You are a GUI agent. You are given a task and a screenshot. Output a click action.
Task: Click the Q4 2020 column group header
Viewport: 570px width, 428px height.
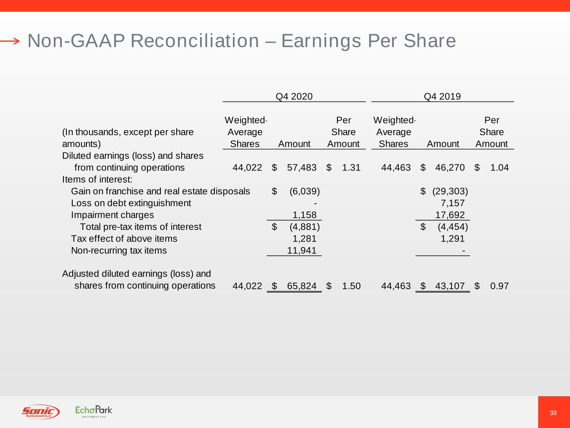pos(294,97)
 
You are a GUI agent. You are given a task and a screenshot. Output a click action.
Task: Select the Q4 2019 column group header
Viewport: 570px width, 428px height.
pos(442,97)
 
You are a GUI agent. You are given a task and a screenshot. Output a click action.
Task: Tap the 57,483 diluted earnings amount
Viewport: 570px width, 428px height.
pos(302,168)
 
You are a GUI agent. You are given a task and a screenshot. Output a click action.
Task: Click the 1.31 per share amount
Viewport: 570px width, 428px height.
pos(351,168)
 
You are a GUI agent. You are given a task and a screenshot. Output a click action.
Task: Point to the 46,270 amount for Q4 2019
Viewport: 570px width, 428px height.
pos(450,168)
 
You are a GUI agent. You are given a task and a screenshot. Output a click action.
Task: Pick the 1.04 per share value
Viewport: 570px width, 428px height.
pos(499,168)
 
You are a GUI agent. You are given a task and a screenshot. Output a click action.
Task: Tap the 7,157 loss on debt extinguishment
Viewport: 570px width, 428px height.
pos(453,203)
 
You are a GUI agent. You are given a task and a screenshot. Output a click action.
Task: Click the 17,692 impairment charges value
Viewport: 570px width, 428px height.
pos(450,215)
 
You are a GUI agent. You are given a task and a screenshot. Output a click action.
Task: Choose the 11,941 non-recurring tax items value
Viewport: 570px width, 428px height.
pos(302,250)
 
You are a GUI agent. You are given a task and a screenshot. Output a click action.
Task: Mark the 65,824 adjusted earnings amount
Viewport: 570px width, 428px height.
pos(302,286)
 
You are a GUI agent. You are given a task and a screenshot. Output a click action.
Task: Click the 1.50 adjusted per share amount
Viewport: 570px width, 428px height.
pos(351,286)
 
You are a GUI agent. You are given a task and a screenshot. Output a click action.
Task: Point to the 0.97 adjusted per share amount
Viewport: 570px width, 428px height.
pos(499,286)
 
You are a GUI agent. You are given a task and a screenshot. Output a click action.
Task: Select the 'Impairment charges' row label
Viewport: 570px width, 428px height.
pos(112,215)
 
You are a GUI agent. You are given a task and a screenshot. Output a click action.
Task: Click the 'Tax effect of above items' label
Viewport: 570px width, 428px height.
pos(124,239)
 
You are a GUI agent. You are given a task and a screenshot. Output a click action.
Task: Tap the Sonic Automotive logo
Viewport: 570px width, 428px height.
pos(41,412)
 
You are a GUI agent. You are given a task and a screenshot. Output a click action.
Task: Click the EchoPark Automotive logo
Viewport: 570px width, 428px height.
pos(94,411)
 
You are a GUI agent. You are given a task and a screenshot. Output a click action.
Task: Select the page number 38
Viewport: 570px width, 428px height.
pos(553,413)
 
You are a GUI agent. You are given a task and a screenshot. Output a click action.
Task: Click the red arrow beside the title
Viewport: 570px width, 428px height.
pos(10,41)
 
